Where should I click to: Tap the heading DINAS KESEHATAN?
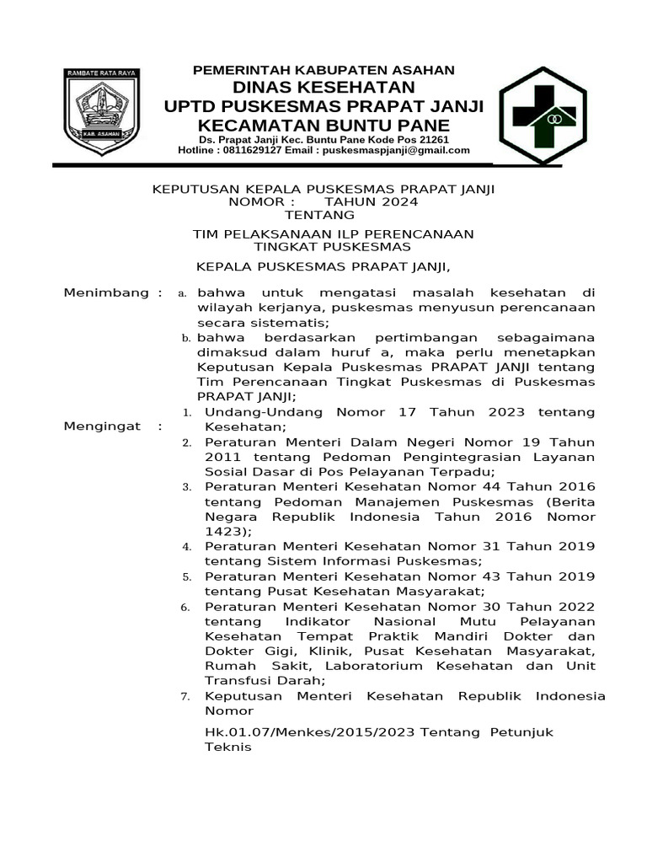click(324, 88)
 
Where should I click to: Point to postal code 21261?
click(434, 139)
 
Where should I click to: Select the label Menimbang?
click(106, 292)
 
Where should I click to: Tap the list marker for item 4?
click(188, 547)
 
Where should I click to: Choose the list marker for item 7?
click(188, 697)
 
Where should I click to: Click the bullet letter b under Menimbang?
click(187, 338)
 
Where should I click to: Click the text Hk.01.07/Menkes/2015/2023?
click(313, 732)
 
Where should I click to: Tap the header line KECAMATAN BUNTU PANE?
click(323, 124)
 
